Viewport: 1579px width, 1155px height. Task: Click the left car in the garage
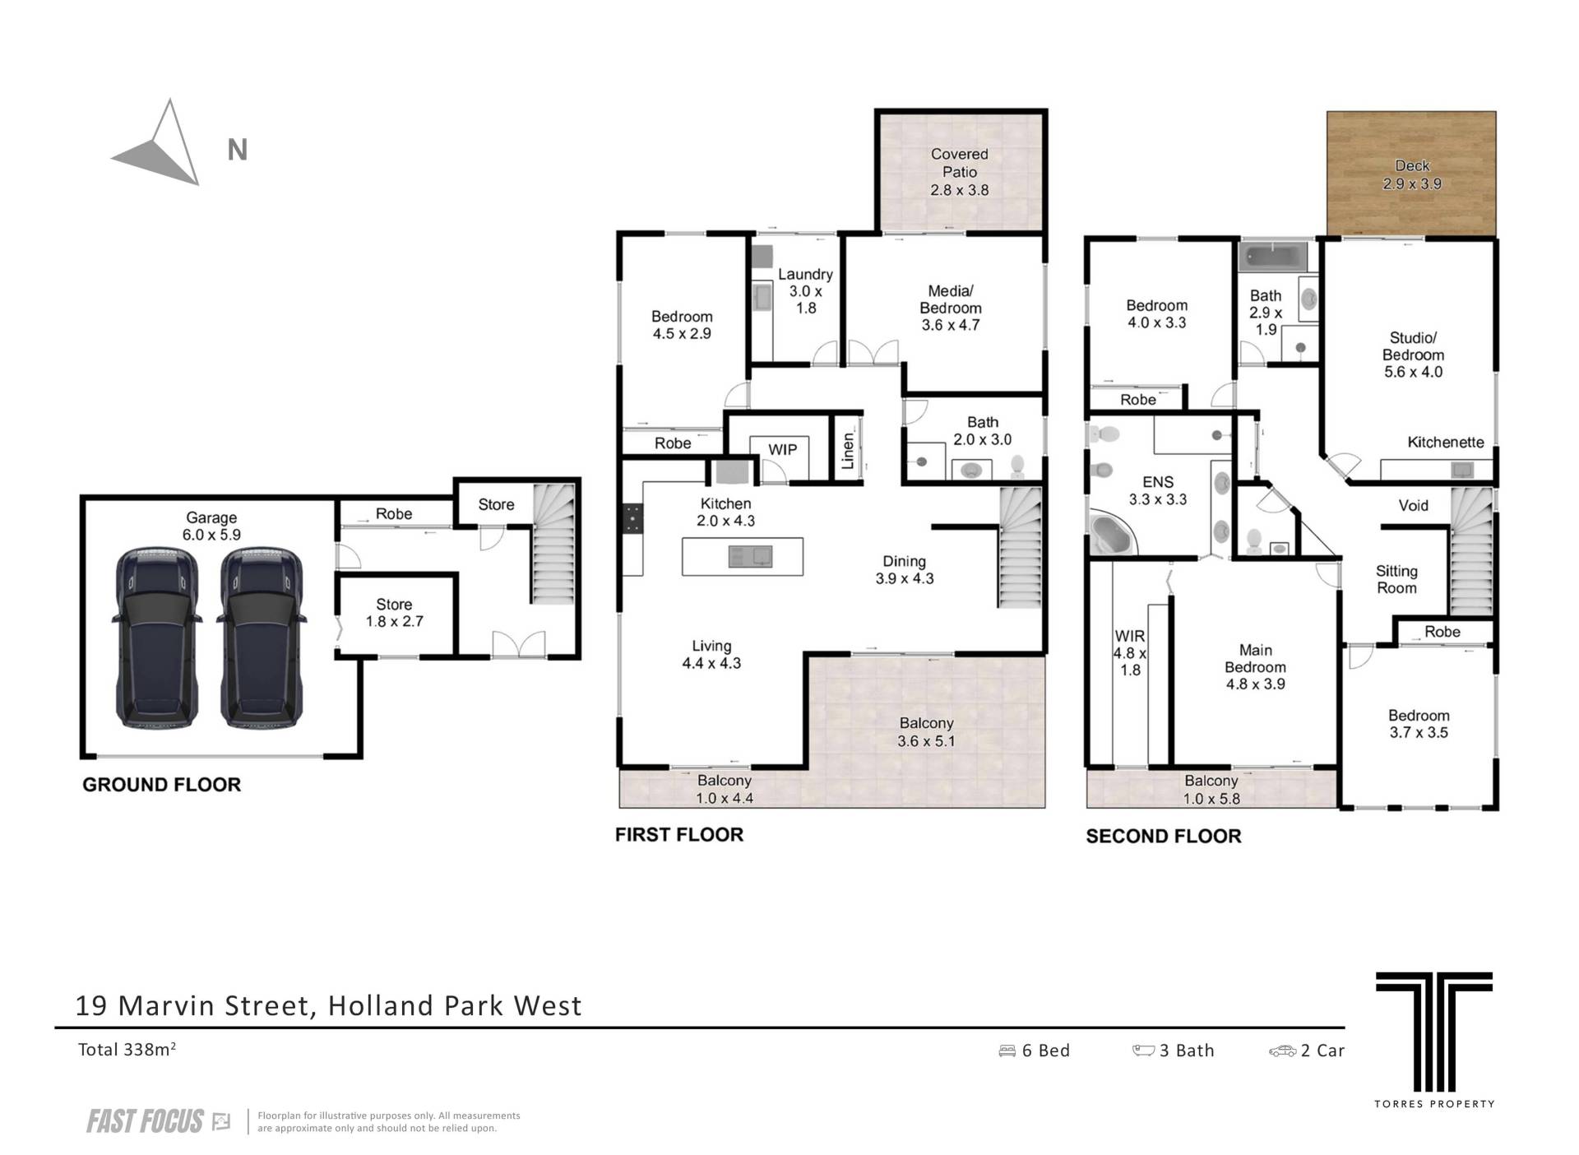tap(155, 638)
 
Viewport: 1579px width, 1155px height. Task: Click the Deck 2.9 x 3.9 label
tap(1411, 174)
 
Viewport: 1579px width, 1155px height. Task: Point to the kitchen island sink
tap(750, 557)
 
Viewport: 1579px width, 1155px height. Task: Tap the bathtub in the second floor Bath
tap(1274, 257)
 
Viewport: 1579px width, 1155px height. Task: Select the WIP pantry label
tap(782, 450)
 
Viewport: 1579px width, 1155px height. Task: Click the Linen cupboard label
tap(848, 451)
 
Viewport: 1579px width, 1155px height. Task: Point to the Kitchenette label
tap(1445, 442)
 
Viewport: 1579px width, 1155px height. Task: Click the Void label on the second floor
tap(1413, 505)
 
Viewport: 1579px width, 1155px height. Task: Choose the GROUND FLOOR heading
tap(161, 785)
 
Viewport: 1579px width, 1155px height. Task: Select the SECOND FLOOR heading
tap(1163, 837)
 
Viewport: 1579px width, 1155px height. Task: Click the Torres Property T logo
tap(1433, 1032)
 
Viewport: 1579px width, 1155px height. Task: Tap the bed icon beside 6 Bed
tap(1007, 1051)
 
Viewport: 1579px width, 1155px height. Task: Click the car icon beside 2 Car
tap(1282, 1051)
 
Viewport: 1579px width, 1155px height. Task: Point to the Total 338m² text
tap(127, 1049)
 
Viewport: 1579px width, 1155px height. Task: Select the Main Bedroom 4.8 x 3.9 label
tap(1255, 667)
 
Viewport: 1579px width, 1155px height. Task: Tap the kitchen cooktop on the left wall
tap(632, 520)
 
